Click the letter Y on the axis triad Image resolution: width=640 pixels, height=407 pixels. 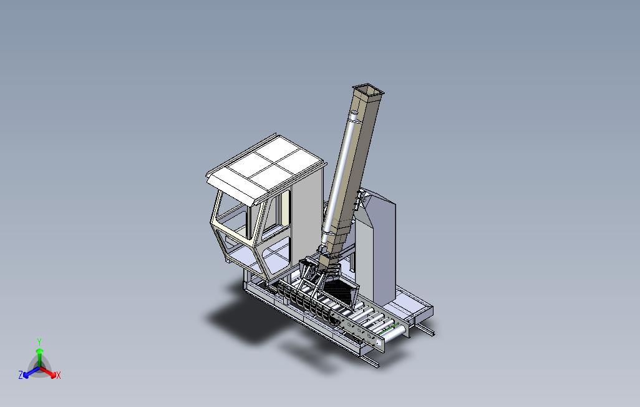tap(39, 341)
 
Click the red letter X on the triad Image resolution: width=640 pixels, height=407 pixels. tap(59, 375)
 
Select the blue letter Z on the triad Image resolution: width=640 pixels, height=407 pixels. tap(21, 375)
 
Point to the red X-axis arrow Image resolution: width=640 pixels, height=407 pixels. tap(48, 372)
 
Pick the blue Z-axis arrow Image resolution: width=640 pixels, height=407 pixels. tap(31, 372)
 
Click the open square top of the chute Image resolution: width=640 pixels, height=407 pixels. tap(369, 90)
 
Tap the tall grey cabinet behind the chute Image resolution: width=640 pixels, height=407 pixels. tap(376, 245)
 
